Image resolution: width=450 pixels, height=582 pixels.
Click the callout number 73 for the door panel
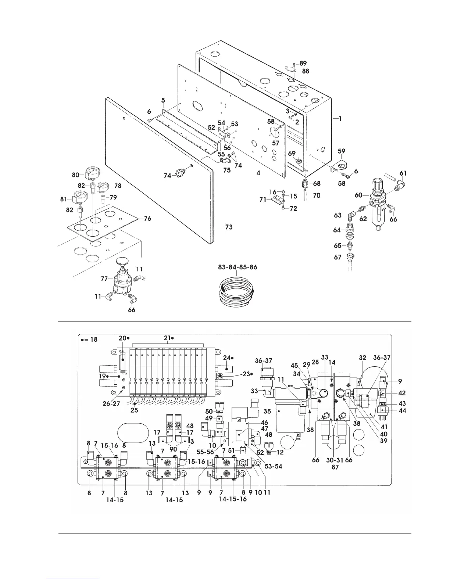(229, 227)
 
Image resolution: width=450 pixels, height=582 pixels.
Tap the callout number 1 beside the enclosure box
(340, 119)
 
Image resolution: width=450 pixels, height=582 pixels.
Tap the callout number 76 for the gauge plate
(147, 219)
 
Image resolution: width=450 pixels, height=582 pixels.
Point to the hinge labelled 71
(276, 200)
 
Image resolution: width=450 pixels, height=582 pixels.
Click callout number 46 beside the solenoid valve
(264, 423)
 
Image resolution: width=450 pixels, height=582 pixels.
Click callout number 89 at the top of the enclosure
(303, 64)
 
